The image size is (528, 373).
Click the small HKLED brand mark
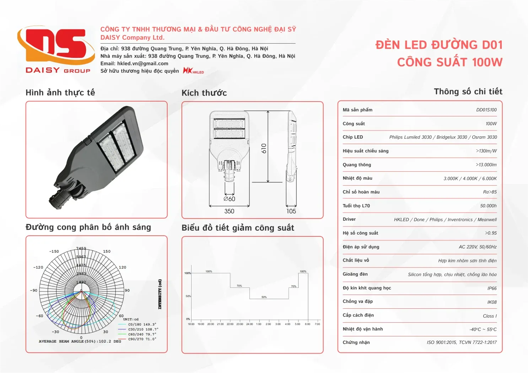pos(193,71)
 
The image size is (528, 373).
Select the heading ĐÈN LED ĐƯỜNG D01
pos(439,45)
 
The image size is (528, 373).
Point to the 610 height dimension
pos(264,148)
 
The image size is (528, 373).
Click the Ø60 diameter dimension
pos(229,199)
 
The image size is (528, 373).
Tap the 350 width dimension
pos(229,211)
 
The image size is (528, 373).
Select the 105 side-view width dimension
pos(291,211)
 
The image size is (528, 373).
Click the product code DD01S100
pos(486,110)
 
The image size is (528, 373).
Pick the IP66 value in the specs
pos(492,289)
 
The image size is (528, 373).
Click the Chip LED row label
pos(352,137)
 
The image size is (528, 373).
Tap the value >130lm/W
pos(486,151)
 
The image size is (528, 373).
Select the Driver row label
pos(349,219)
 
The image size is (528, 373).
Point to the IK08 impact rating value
pos(492,302)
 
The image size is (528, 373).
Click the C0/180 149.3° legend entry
pos(142,324)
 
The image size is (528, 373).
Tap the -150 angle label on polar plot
pos(54,251)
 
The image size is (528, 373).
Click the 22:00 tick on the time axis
pos(230,324)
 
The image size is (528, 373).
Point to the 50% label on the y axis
pos(188,296)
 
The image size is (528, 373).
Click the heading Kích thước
pos(204,93)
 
